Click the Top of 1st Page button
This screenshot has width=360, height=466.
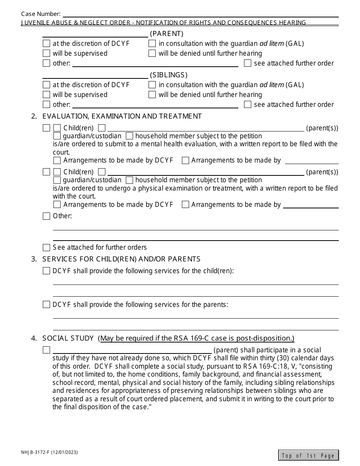308,455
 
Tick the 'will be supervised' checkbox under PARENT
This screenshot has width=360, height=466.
46,53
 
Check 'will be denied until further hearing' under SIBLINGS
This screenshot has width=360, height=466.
152,95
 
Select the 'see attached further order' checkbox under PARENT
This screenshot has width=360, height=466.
247,63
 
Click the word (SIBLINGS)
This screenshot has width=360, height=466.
169,75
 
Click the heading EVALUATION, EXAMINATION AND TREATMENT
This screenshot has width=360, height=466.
122,116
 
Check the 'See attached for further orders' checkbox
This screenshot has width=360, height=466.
46,248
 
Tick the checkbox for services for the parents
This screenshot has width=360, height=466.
46,305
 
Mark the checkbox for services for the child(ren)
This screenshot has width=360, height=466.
46,271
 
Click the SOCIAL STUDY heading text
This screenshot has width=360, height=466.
68,338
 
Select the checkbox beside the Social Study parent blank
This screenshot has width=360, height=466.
46,350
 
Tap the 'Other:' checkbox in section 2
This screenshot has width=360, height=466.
46,216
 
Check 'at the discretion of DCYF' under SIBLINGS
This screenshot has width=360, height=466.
46,85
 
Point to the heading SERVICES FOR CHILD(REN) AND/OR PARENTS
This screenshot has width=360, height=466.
121,259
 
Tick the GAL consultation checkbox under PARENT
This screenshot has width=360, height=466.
152,44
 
